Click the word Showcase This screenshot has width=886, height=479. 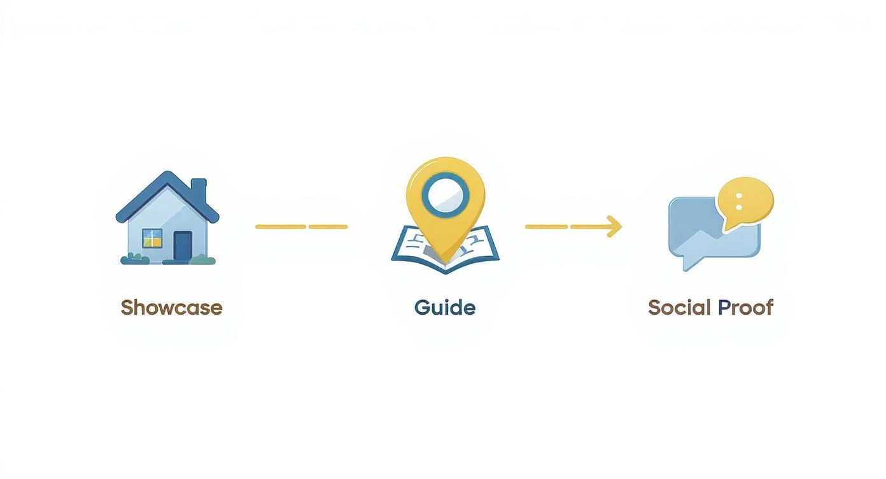(172, 308)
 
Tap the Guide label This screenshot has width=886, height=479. (445, 308)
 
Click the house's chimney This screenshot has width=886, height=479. (199, 190)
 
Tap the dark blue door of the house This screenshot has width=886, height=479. (183, 246)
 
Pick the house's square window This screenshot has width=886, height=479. (152, 238)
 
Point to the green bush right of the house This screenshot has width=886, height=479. (202, 260)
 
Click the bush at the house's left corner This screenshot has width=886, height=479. (134, 259)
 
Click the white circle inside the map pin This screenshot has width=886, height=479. (446, 196)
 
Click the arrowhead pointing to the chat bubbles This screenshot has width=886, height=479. (614, 226)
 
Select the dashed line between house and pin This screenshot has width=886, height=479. (302, 227)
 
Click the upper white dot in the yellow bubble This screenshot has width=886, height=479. (738, 196)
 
